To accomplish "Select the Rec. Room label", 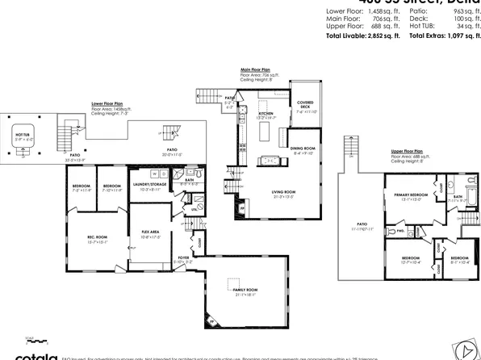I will (98, 237).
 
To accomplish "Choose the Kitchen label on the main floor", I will (266, 114).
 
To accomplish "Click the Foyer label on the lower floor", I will (183, 257).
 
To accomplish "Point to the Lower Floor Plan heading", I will (107, 104).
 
